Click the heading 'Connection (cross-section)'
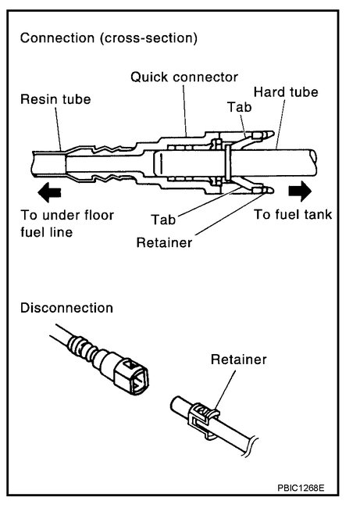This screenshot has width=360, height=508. pos(109,38)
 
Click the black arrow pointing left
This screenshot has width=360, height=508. pos(49,190)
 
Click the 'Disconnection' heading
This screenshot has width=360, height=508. pos(66,308)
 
